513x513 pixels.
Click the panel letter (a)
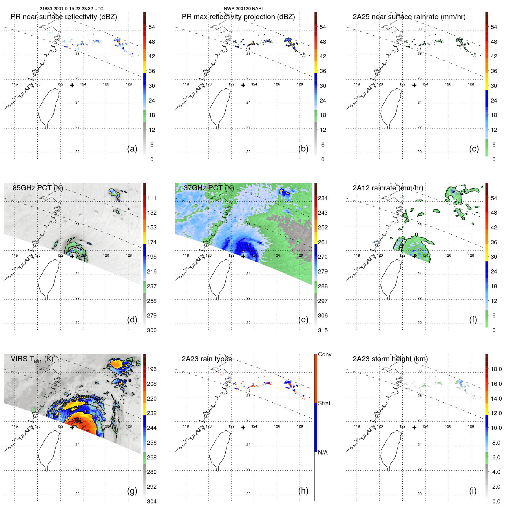(x=132, y=149)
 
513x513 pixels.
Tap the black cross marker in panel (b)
(x=243, y=85)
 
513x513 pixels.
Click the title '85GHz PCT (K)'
(x=38, y=188)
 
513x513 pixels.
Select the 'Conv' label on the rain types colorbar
(x=324, y=355)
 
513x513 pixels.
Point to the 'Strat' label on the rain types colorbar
(x=324, y=404)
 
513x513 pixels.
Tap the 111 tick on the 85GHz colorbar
(x=151, y=198)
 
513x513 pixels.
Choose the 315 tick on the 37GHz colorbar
(x=323, y=331)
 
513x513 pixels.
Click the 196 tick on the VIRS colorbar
(x=151, y=369)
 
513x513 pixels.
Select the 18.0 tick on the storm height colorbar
(x=496, y=369)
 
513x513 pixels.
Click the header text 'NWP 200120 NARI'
(x=243, y=9)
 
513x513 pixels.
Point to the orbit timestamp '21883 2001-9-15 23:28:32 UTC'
(x=72, y=9)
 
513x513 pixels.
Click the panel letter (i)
(x=473, y=491)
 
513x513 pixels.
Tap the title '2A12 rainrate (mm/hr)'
(x=388, y=188)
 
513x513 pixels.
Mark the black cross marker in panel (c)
(x=415, y=85)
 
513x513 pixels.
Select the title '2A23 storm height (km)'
(x=390, y=359)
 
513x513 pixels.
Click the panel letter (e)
(x=303, y=320)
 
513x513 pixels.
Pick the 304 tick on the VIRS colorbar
(x=151, y=502)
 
